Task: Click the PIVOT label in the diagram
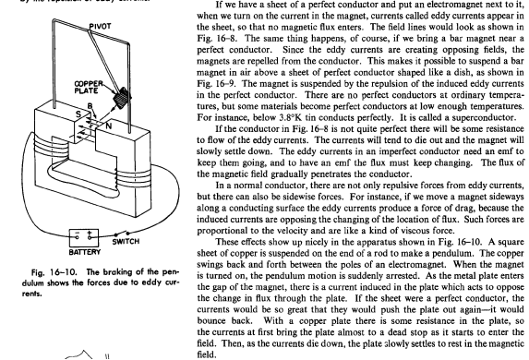pyautogui.click(x=100, y=27)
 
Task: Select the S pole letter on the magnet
pyautogui.click(x=78, y=114)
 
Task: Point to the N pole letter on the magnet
pyautogui.click(x=108, y=126)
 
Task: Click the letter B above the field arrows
pyautogui.click(x=90, y=106)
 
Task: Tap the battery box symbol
pyautogui.click(x=84, y=238)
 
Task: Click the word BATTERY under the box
pyautogui.click(x=84, y=252)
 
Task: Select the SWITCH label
pyautogui.click(x=126, y=242)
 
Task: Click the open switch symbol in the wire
pyautogui.click(x=122, y=234)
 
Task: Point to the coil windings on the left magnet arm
pyautogui.click(x=43, y=145)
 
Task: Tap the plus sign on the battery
pyautogui.click(x=90, y=233)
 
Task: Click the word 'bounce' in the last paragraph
pyautogui.click(x=211, y=321)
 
